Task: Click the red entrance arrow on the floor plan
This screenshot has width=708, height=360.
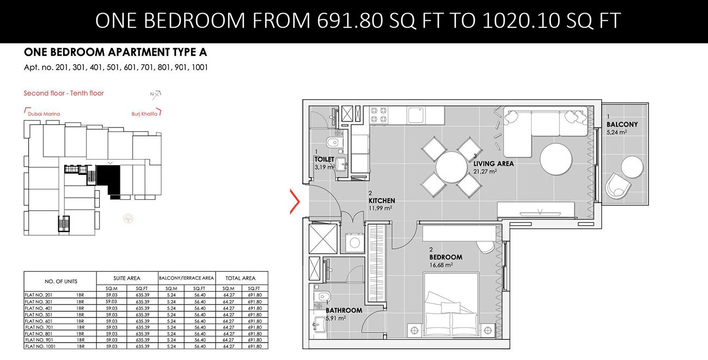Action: [x=295, y=202]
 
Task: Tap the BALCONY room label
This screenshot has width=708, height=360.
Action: [x=622, y=125]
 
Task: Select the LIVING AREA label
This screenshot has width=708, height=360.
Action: [x=493, y=163]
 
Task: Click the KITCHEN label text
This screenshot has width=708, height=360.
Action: [x=381, y=201]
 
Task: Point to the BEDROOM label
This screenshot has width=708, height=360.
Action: [x=445, y=257]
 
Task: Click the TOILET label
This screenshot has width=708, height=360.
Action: [x=324, y=160]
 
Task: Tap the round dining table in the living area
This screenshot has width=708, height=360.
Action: [x=450, y=167]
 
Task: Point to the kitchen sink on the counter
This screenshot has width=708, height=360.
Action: [x=417, y=115]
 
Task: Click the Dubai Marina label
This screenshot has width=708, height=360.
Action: [x=43, y=114]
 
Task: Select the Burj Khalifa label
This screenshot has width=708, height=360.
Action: [x=145, y=114]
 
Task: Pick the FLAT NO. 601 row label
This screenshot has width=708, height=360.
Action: [x=38, y=321]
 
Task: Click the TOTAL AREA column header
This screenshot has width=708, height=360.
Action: [x=242, y=278]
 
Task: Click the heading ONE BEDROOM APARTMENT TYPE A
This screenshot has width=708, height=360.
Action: [x=115, y=53]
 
